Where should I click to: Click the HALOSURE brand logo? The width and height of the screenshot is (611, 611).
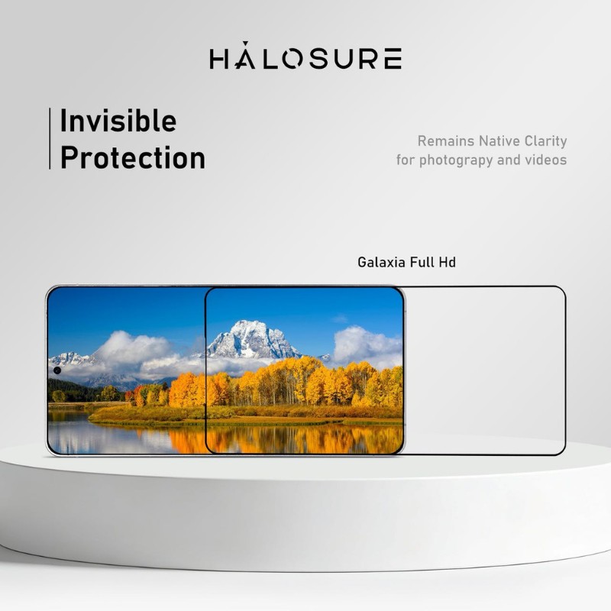(305, 59)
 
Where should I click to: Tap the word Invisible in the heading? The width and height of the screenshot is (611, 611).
(118, 121)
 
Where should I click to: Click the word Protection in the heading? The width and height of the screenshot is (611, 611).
(132, 158)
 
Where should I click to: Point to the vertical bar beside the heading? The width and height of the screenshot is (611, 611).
(50, 138)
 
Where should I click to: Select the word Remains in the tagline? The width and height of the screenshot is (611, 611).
(445, 141)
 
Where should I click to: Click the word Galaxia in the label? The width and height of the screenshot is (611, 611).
(381, 262)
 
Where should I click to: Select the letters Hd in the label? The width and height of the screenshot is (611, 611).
(447, 262)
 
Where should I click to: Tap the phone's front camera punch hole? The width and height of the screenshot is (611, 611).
(57, 370)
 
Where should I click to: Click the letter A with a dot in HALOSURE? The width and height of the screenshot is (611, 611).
(249, 58)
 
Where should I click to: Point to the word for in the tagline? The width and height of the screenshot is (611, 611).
(405, 160)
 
